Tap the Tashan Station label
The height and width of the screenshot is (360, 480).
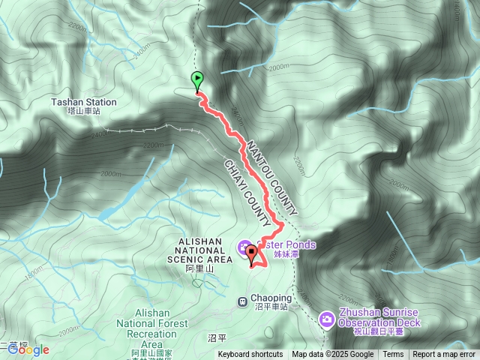[84, 102]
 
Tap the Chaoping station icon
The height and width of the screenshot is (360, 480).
[242, 301]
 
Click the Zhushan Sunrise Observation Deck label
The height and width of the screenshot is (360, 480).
[379, 317]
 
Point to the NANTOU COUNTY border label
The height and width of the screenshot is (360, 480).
[271, 177]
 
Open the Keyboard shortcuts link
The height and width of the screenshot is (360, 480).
[250, 355]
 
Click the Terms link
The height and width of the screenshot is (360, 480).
[393, 355]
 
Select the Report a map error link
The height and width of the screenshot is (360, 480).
[444, 355]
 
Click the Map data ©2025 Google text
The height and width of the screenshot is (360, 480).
[332, 355]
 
